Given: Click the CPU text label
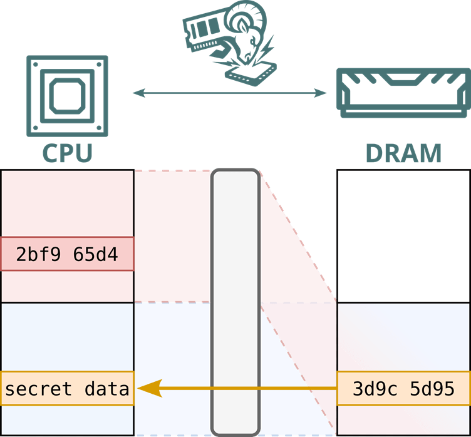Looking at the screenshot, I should point(68,153).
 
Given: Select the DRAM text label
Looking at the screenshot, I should point(403,153).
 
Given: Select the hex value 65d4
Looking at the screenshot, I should point(95,254).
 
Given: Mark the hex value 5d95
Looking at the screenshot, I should point(432,389).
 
